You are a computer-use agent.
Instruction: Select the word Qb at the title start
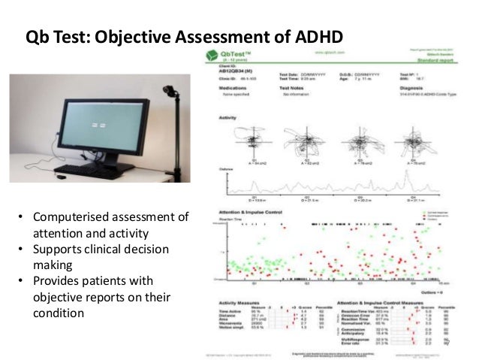coord(38,37)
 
